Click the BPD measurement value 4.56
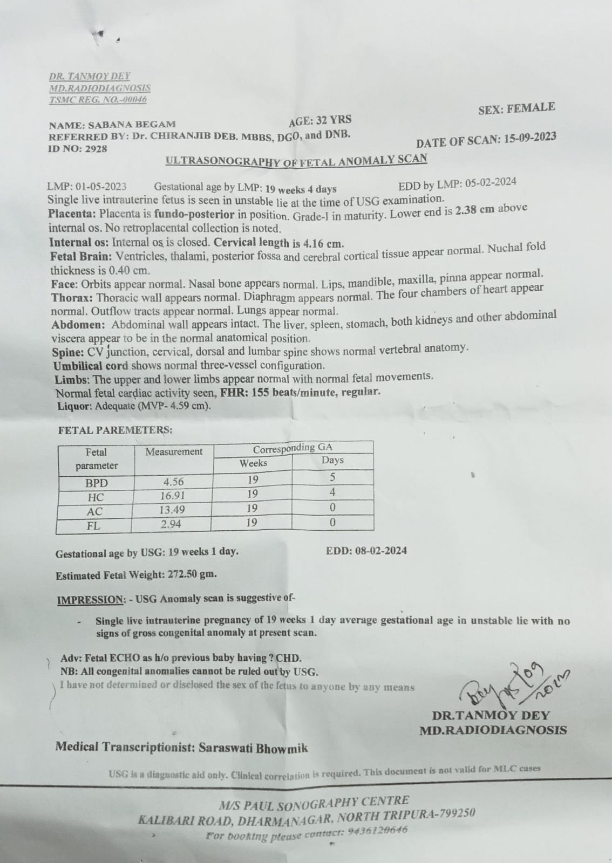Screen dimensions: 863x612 (173, 482)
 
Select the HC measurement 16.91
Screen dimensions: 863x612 (171, 496)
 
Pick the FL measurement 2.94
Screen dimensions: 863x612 (171, 524)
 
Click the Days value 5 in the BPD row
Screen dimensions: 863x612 (332, 477)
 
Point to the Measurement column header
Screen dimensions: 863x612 (174, 451)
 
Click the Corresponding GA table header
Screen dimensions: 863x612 (293, 448)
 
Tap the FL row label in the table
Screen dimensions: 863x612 (93, 526)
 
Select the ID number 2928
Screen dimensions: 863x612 (96, 148)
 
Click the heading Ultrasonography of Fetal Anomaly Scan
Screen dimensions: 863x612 (296, 160)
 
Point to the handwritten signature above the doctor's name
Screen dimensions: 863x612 (513, 685)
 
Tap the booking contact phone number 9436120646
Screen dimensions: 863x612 (377, 831)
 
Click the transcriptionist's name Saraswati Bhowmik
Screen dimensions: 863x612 (253, 748)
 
